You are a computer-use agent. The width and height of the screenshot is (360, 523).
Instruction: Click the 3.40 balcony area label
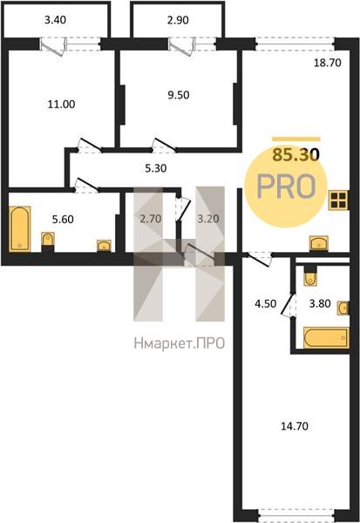[56, 20]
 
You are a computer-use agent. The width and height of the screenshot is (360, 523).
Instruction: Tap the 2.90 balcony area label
[178, 20]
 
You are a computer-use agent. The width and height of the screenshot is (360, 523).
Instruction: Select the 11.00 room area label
[61, 105]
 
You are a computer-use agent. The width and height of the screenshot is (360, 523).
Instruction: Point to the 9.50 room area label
[179, 95]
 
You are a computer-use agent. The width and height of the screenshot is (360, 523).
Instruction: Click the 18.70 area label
[328, 63]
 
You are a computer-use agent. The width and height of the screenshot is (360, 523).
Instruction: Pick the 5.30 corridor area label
[156, 168]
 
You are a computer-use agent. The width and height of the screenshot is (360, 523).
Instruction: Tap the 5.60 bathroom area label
[63, 220]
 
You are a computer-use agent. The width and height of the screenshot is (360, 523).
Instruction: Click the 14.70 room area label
[295, 426]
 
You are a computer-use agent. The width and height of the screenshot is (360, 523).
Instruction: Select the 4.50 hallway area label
[265, 304]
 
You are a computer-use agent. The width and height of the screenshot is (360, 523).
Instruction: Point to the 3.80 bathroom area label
[320, 304]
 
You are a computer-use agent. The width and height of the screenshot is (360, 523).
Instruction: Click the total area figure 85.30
[296, 155]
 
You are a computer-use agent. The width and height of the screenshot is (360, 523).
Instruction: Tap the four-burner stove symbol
[338, 200]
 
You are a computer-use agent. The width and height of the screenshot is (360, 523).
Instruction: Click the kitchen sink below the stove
[319, 243]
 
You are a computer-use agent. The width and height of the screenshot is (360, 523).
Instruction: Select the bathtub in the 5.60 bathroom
[20, 228]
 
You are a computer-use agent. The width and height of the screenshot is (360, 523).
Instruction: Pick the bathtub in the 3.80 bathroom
[326, 338]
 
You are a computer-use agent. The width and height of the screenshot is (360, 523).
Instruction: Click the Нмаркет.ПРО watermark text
[180, 343]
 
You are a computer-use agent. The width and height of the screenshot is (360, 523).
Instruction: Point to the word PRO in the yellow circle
[286, 187]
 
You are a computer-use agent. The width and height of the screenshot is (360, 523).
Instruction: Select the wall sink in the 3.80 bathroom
[343, 308]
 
